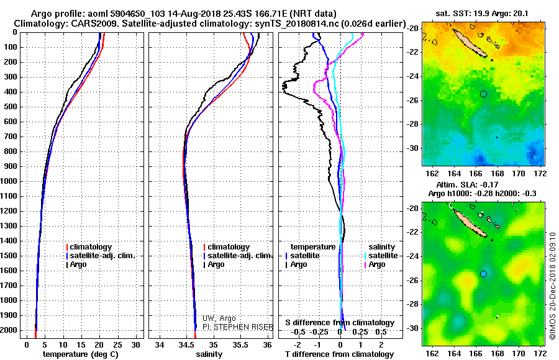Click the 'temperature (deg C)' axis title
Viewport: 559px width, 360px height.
pos(81,354)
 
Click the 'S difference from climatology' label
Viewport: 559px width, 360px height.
pos(340,323)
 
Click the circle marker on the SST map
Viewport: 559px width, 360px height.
pos(483,94)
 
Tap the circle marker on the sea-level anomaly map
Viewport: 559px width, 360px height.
pos(483,274)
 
